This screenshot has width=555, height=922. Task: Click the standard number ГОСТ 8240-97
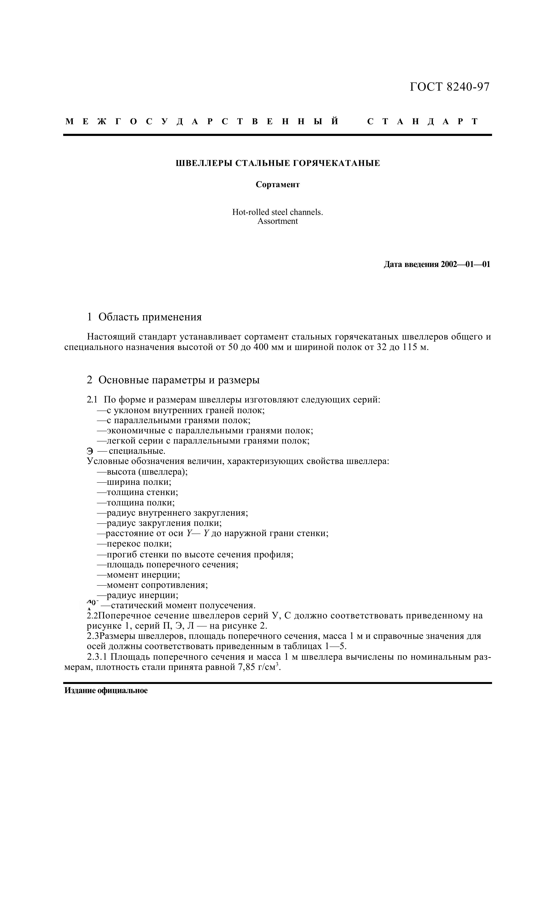[449, 87]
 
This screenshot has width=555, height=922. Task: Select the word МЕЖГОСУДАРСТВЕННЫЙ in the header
[202, 121]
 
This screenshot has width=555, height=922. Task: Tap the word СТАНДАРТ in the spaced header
[423, 121]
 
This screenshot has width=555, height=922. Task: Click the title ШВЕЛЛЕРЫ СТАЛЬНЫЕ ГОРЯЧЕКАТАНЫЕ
[278, 163]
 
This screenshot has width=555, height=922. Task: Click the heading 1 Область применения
[144, 317]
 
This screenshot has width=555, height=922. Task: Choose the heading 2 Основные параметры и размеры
[173, 380]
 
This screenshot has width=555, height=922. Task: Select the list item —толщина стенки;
[137, 492]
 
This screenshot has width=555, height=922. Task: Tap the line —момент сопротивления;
[152, 585]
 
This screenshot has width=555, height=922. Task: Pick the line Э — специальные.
[126, 451]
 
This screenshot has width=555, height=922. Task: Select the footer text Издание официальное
[106, 691]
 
